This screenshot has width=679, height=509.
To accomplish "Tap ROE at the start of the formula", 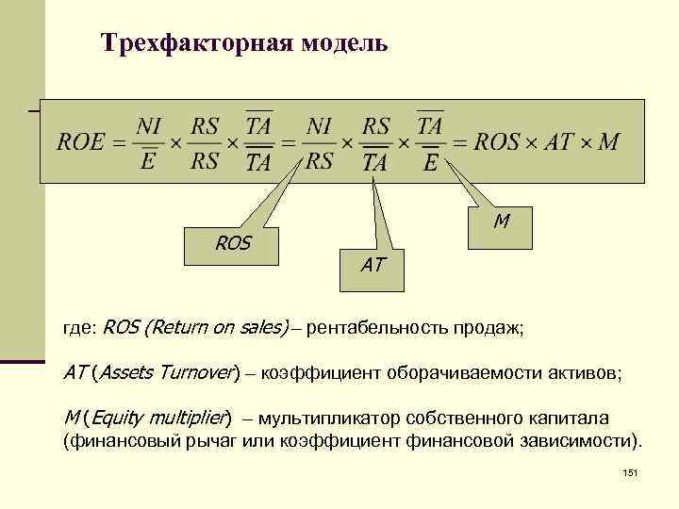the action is point(81,143).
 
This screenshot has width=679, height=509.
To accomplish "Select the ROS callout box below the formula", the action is point(233,244).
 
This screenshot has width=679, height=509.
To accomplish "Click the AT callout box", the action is point(372,267).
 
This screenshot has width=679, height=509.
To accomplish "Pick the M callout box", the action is point(502,222).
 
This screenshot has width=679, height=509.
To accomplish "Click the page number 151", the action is point(631,473).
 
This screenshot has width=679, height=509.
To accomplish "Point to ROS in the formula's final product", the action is point(497,143).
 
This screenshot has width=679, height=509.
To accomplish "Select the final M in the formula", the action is point(608,143).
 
